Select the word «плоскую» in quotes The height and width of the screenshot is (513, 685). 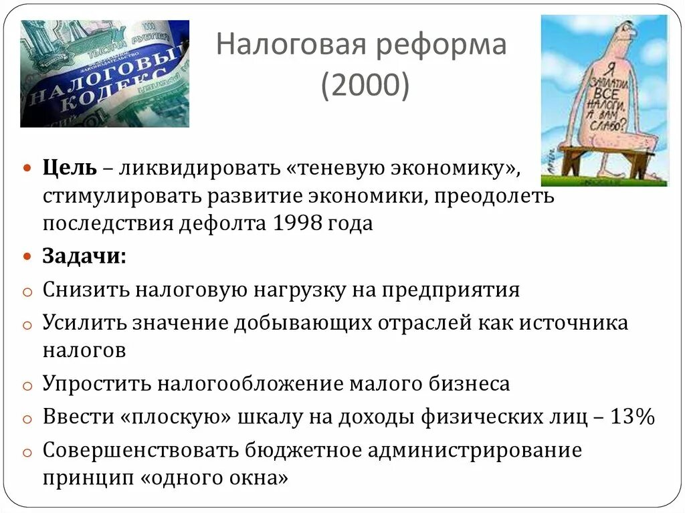(x=177, y=417)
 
